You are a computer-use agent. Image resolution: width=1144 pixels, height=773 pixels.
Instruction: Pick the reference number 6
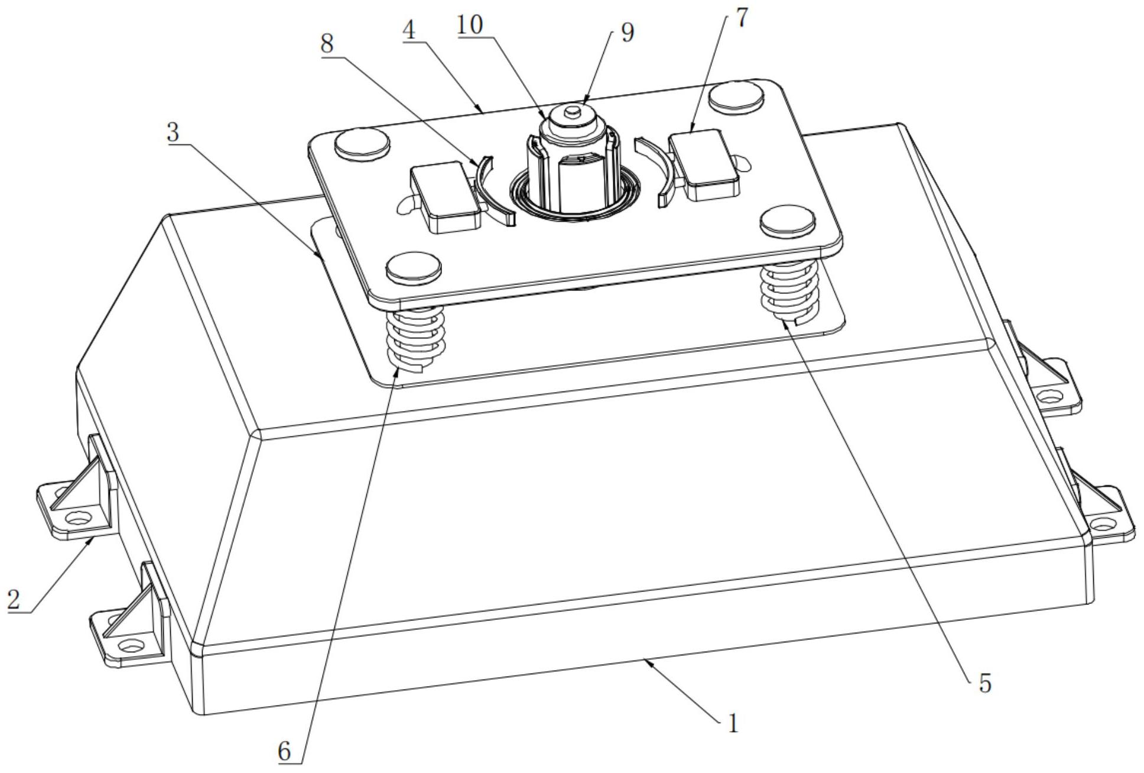tap(285, 752)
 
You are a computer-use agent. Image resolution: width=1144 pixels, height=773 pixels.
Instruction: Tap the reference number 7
tap(742, 18)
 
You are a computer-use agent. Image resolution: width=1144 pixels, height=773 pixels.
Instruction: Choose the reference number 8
tap(327, 44)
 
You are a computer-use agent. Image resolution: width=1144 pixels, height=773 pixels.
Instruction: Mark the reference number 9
tap(628, 33)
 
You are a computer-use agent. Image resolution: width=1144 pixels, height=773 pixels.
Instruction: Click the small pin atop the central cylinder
tap(571, 109)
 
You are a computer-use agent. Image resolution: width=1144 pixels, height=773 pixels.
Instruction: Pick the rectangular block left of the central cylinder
tap(446, 198)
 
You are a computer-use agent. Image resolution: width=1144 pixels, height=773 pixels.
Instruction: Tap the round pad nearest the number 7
tap(735, 96)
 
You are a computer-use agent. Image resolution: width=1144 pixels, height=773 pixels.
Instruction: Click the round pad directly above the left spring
tap(414, 267)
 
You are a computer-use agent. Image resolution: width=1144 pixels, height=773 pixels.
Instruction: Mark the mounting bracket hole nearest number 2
tap(77, 518)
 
